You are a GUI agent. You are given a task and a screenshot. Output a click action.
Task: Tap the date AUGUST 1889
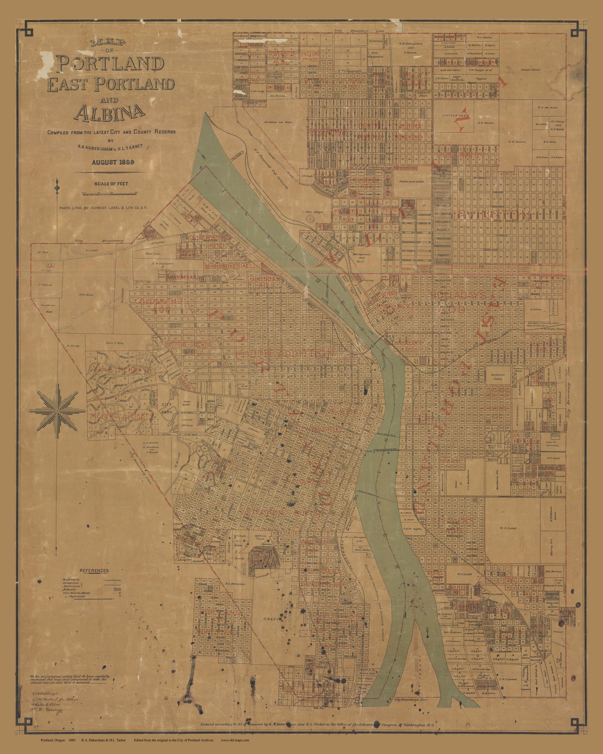[x=112, y=162]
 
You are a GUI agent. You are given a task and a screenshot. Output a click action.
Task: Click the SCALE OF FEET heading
[x=111, y=184]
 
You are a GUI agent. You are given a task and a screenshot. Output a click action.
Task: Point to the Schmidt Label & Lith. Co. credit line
[x=103, y=208]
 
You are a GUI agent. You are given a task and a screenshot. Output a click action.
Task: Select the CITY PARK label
[x=167, y=408]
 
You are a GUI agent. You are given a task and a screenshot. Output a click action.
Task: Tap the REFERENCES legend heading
[x=94, y=570]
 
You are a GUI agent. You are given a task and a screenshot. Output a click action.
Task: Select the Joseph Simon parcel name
[x=531, y=70]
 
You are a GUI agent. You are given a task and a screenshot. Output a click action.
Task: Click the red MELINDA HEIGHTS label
[x=121, y=416]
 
